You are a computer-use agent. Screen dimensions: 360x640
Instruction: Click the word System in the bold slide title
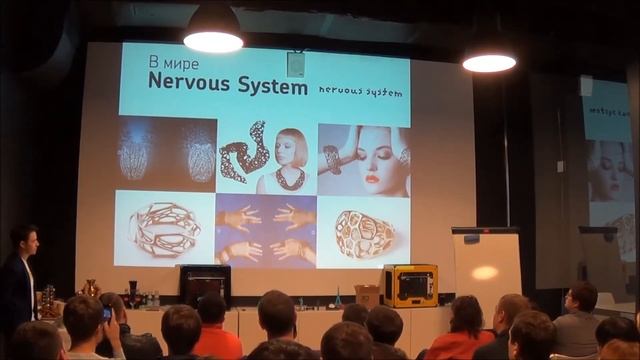coord(269,86)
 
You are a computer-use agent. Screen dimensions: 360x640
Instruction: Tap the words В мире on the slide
coord(168,63)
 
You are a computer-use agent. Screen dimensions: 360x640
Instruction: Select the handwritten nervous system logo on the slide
coord(361,91)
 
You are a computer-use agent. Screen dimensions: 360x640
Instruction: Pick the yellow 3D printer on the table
coord(409,285)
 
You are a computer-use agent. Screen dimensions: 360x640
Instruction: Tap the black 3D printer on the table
coord(205,283)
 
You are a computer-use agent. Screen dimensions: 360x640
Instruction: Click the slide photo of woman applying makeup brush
coord(364,158)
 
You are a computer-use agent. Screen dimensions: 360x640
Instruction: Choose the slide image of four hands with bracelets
coord(265,231)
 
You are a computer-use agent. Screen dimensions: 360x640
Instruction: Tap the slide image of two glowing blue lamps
coord(166,156)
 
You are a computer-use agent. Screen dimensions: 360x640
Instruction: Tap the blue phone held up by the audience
coord(107,312)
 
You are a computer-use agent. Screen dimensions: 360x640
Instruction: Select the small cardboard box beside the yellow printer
coord(367,296)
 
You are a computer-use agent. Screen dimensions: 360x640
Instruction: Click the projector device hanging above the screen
coord(295,65)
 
